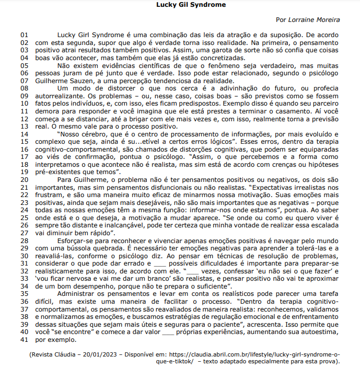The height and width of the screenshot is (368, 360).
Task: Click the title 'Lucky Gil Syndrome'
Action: click(191, 5)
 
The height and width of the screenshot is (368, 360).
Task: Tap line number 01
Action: click(25, 34)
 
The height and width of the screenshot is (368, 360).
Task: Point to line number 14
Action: click(25, 134)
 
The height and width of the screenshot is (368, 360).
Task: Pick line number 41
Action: click(25, 340)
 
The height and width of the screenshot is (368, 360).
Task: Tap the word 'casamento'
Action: click(309, 111)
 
